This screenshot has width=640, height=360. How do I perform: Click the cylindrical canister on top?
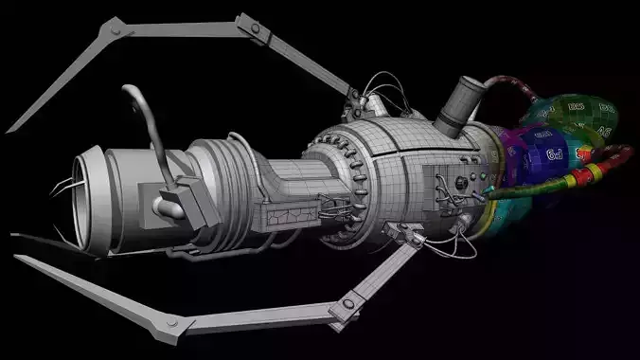coord(458,105)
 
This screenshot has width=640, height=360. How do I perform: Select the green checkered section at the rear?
coord(578,113)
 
